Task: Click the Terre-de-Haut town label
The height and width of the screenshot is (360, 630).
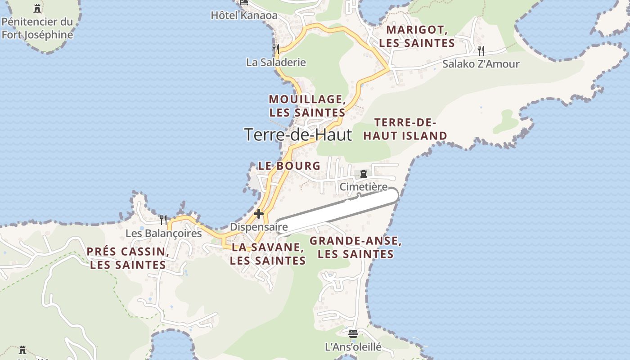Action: pos(297,135)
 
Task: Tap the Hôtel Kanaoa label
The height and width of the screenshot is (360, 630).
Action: pos(244,15)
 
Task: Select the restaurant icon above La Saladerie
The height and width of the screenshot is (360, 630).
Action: pos(276,49)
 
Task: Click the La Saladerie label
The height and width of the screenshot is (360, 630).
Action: pos(276,63)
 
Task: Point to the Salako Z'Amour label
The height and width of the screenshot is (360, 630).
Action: pos(481,64)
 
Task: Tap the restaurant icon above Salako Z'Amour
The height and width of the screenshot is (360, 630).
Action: pos(481,50)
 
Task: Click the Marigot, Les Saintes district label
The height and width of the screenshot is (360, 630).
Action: pos(417,36)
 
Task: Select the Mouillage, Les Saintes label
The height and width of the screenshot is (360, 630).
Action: pos(307,106)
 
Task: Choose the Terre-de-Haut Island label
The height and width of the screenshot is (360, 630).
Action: pos(405,129)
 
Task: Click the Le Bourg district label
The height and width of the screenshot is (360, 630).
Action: pos(289,166)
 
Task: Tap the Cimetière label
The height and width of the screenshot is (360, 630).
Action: pos(364,186)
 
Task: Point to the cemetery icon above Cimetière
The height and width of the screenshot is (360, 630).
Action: pos(364,174)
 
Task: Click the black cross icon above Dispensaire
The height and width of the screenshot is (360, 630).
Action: pos(259,213)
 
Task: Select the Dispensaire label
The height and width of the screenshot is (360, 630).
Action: pos(259,227)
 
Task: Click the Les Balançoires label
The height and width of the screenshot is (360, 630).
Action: pos(163,233)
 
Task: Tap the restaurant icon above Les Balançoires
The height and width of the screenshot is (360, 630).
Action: pos(163,220)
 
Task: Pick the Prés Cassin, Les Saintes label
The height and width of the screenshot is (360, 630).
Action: pos(128,258)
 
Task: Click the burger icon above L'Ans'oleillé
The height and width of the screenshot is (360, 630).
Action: pos(353,334)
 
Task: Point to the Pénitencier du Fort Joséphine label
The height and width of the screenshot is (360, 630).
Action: pos(37,28)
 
